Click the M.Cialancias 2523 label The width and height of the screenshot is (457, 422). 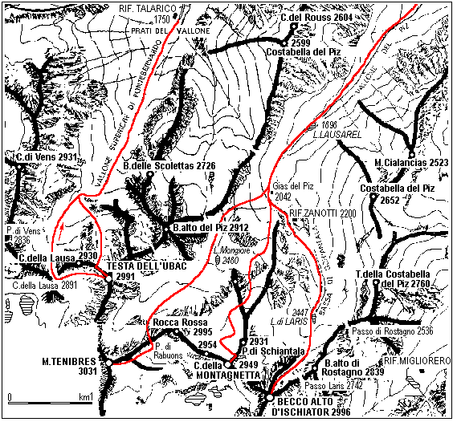coord(410,163)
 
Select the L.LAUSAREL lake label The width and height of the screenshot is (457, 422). coord(342,136)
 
